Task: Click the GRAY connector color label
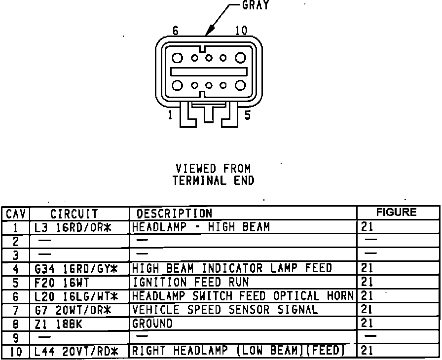[x=256, y=5]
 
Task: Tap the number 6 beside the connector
[x=176, y=31]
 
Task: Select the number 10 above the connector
[x=241, y=31]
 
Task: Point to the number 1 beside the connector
[x=170, y=115]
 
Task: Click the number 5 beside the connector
[x=248, y=115]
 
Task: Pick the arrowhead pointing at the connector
[x=208, y=33]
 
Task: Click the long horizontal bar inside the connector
[x=209, y=72]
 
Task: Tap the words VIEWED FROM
[x=213, y=169]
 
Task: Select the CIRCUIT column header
[x=74, y=214]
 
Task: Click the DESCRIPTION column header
[x=174, y=214]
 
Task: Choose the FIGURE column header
[x=396, y=213]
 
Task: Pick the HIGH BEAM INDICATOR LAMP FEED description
[x=232, y=269]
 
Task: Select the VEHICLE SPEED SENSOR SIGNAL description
[x=225, y=310]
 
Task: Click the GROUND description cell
[x=152, y=324]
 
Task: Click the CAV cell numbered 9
[x=16, y=338]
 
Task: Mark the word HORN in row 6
[x=340, y=296]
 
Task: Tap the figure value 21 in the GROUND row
[x=368, y=324]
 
